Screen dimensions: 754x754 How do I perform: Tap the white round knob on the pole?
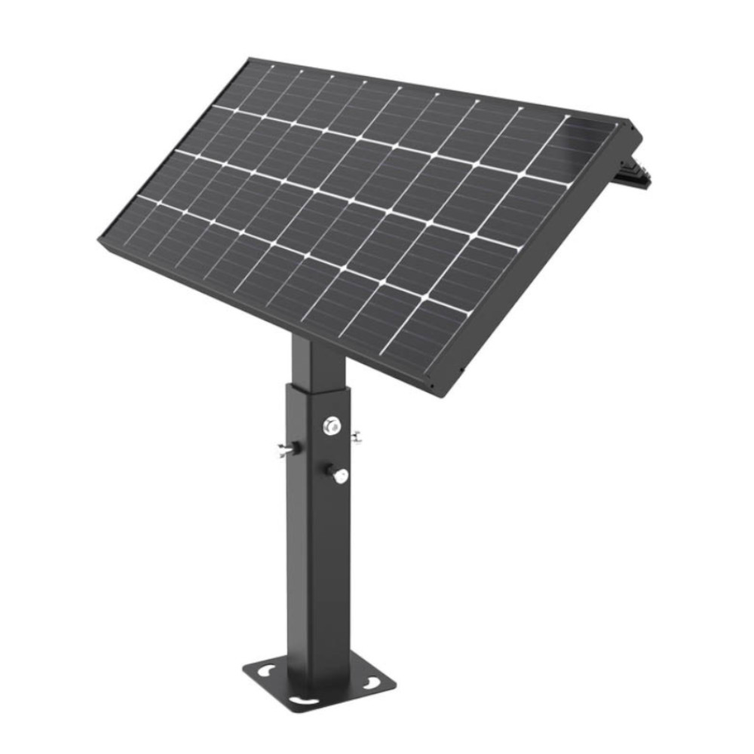(340, 476)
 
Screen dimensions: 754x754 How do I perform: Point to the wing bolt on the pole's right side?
(355, 436)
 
